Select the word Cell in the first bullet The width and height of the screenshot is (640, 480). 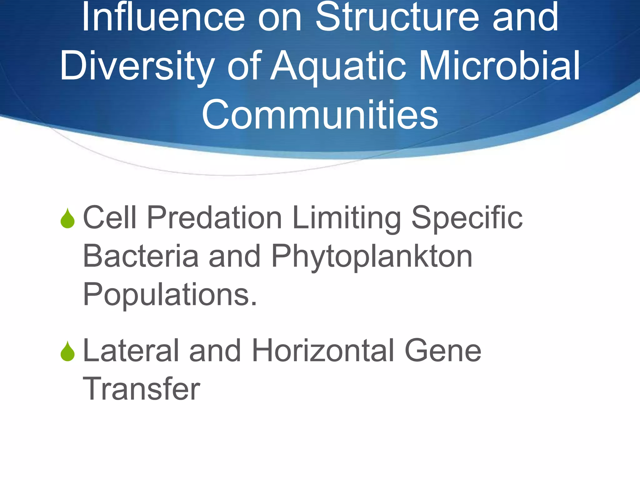[x=110, y=217]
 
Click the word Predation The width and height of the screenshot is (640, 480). [x=214, y=217]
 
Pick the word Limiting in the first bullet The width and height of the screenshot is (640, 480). [x=347, y=217]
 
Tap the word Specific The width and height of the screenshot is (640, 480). [x=467, y=217]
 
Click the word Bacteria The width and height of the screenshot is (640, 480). [x=141, y=256]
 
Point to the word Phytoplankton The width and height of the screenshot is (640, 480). [x=372, y=256]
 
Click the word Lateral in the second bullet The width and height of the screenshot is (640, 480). [x=131, y=351]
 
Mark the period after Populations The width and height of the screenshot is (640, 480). [x=254, y=303]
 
